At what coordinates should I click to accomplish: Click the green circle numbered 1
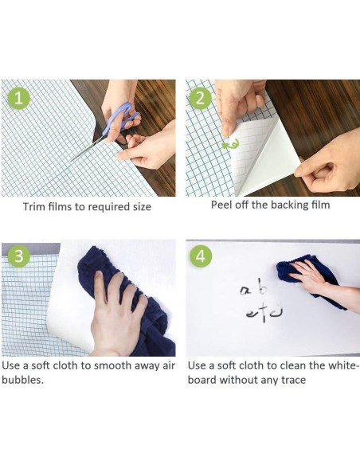pyautogui.click(x=18, y=98)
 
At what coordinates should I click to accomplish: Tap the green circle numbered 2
pyautogui.click(x=200, y=98)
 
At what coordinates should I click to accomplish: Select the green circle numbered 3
pyautogui.click(x=18, y=256)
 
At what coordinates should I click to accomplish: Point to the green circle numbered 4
pyautogui.click(x=201, y=256)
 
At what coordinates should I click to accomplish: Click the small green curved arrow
pyautogui.click(x=230, y=144)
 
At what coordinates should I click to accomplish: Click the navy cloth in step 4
pyautogui.click(x=308, y=279)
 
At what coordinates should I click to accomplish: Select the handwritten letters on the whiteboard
pyautogui.click(x=261, y=300)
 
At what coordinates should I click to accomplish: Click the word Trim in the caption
pyautogui.click(x=33, y=207)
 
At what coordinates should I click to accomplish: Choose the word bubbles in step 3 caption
pyautogui.click(x=22, y=380)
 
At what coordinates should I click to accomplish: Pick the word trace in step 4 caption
pyautogui.click(x=294, y=380)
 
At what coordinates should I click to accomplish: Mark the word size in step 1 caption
pyautogui.click(x=142, y=207)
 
